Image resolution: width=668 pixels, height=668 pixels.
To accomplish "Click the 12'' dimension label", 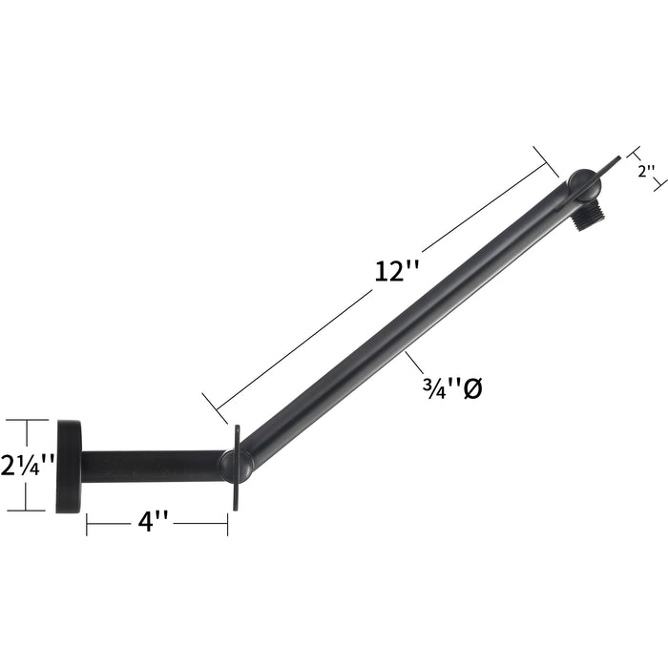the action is click(397, 271).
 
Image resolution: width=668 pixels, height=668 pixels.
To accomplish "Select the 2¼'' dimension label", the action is click(28, 465).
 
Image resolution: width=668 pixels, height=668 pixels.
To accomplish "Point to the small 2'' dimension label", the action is click(646, 171).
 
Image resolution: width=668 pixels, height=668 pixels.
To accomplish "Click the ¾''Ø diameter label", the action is click(452, 388).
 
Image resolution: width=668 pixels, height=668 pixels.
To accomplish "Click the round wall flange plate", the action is click(69, 467).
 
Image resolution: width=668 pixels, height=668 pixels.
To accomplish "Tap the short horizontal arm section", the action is click(153, 467).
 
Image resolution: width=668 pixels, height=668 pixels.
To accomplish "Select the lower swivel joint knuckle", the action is click(237, 467).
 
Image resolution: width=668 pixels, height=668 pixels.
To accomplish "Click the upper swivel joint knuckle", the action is click(584, 184).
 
